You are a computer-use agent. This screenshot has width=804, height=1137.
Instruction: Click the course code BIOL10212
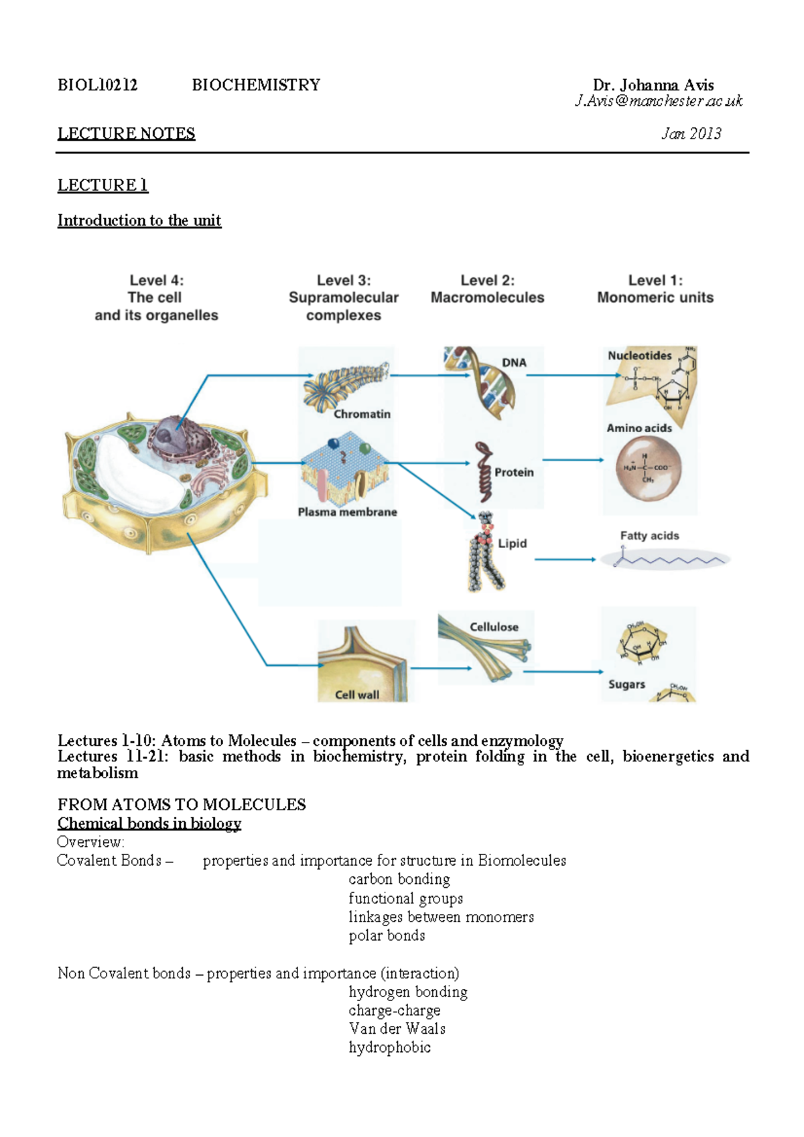[x=97, y=85]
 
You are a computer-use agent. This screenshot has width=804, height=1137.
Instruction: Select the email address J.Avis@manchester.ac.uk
[x=658, y=101]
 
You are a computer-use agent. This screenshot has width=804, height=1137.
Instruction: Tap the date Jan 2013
[x=691, y=134]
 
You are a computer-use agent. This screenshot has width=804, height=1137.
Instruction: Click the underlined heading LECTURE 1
[x=103, y=185]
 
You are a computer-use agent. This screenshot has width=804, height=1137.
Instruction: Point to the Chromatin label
[x=362, y=414]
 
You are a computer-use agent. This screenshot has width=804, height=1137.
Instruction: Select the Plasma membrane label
[x=347, y=512]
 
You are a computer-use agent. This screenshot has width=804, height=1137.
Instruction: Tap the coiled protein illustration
[x=483, y=471]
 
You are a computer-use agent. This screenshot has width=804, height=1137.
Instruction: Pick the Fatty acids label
[x=649, y=536]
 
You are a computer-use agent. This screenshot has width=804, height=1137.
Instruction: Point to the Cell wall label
[x=356, y=695]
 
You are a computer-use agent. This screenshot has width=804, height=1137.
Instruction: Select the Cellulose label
[x=494, y=627]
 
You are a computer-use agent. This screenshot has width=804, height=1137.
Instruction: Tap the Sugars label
[x=626, y=684]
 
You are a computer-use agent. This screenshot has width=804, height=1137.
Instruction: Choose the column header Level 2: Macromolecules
[x=487, y=289]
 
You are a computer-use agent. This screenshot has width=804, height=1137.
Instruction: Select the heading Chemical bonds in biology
[x=149, y=824]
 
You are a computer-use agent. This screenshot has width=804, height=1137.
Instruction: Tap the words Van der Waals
[x=397, y=1029]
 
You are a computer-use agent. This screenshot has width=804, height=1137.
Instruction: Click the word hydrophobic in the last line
[x=389, y=1048]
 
